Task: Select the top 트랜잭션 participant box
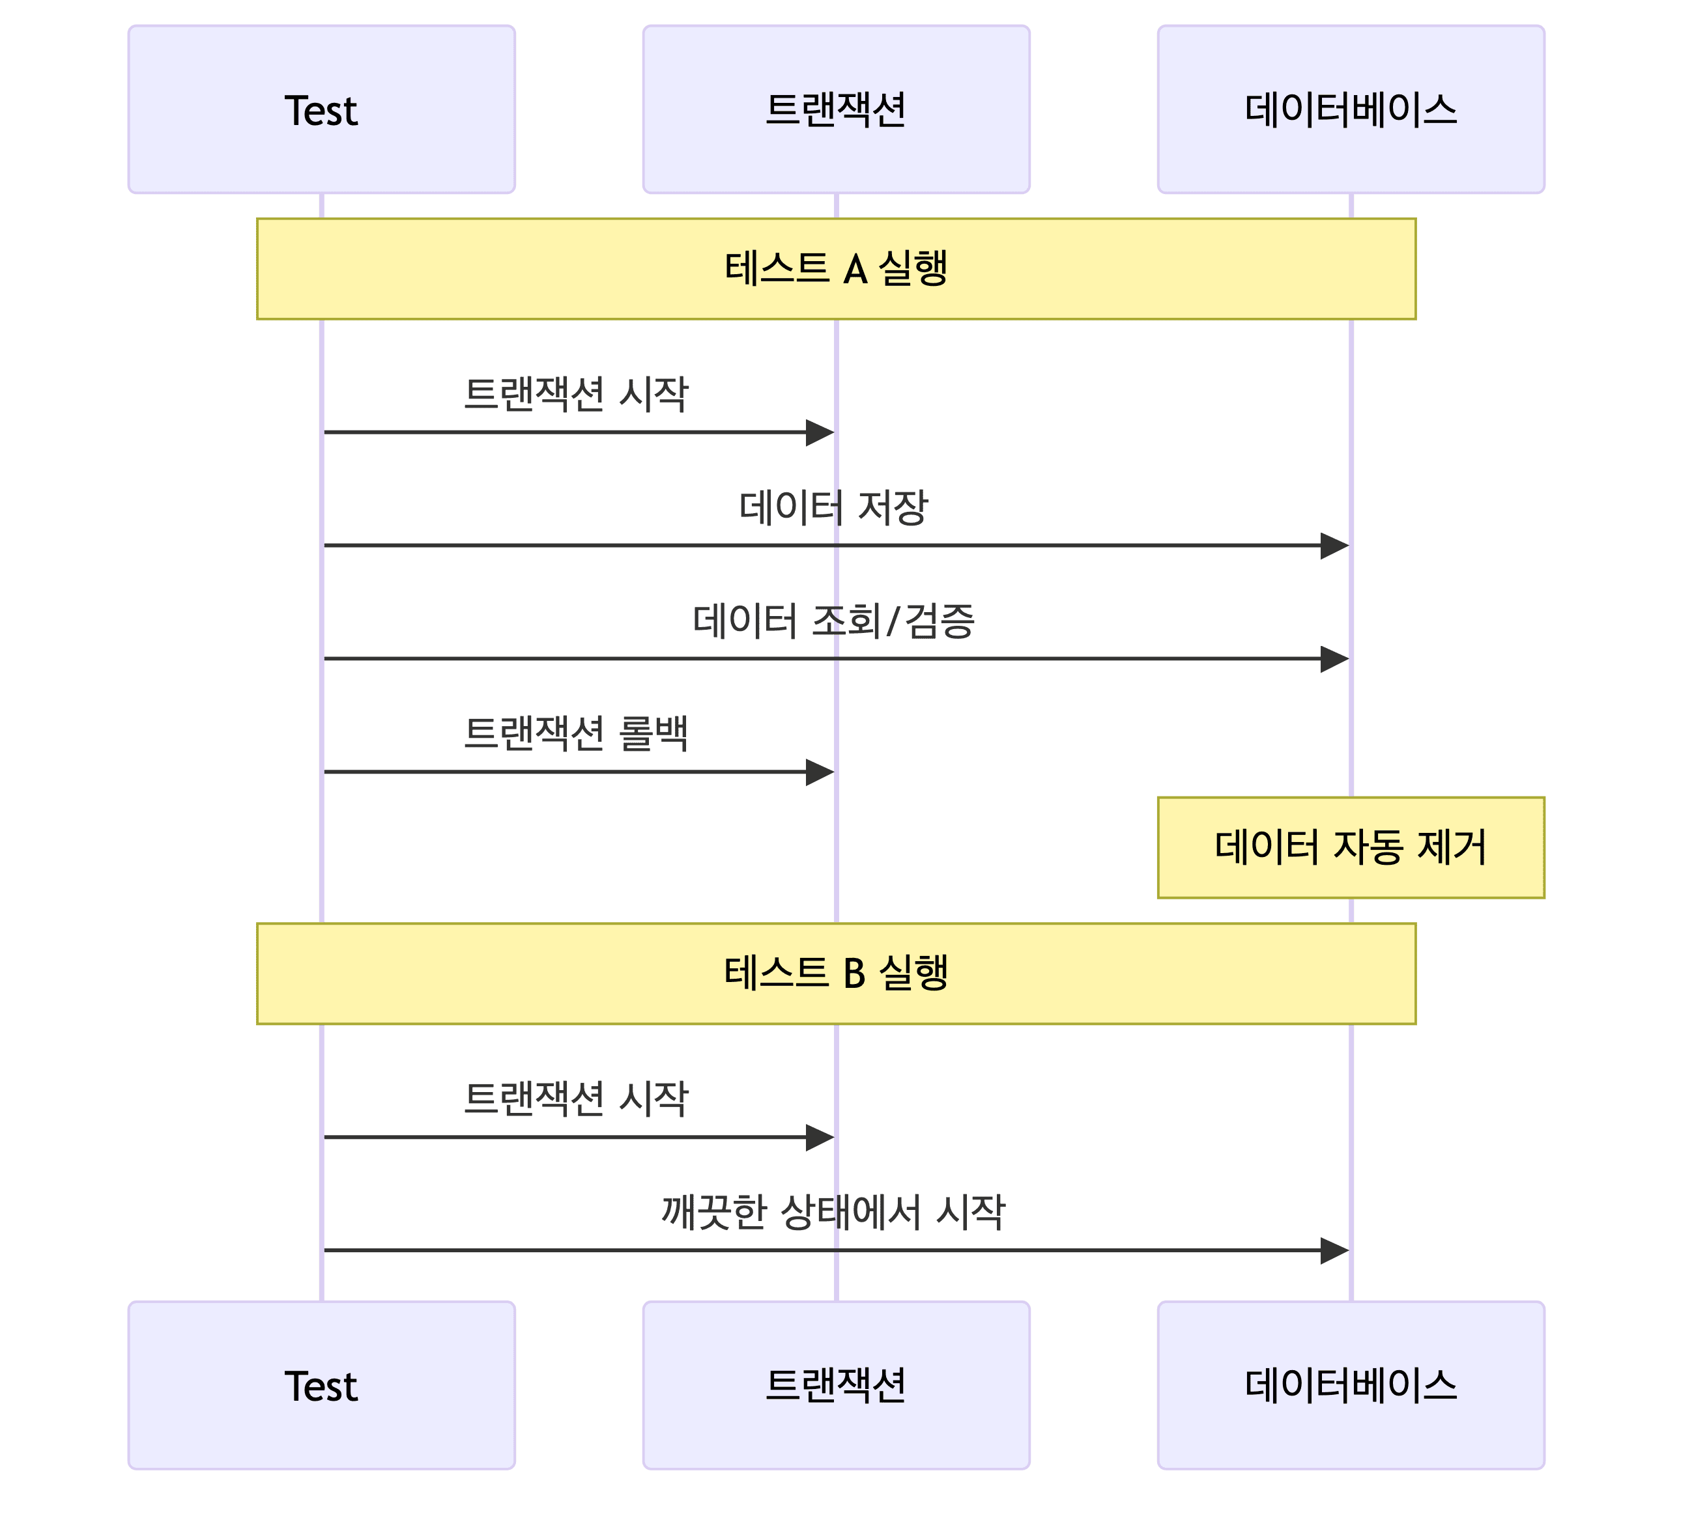(x=836, y=109)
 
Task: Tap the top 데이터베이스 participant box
(x=1351, y=109)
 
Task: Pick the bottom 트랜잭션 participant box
(x=836, y=1385)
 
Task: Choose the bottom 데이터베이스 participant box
(x=1351, y=1385)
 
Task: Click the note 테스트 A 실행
(x=836, y=268)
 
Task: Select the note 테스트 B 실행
(x=836, y=973)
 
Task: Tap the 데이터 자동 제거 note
(x=1351, y=847)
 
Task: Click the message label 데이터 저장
(x=833, y=507)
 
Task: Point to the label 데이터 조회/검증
(x=833, y=621)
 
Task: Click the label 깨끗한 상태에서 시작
(x=833, y=1212)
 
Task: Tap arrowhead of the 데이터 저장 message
(x=1334, y=546)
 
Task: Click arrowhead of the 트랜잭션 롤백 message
(x=819, y=772)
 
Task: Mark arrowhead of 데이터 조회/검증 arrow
(x=1334, y=659)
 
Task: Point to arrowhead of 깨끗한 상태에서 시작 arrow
(x=1334, y=1250)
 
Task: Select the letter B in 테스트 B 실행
(x=854, y=974)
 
